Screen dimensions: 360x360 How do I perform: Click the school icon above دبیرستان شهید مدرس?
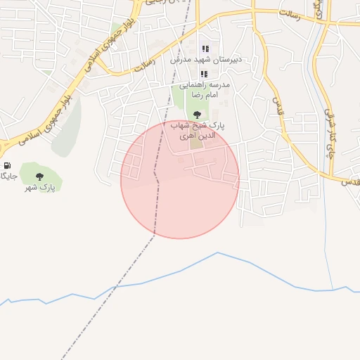coord(205,49)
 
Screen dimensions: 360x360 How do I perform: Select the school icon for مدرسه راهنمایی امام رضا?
coord(204,74)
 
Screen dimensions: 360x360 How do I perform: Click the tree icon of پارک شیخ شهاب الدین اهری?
coord(196,113)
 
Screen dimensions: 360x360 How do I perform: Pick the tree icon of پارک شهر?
coord(39,176)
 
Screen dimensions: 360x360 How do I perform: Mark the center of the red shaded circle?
coord(180,179)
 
